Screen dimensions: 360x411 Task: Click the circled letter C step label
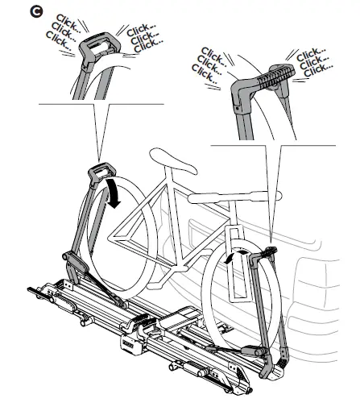[x=36, y=12]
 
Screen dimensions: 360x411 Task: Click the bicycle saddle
[x=173, y=161]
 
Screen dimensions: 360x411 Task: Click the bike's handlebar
[x=234, y=197]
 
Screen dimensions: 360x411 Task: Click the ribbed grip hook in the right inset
[x=276, y=75]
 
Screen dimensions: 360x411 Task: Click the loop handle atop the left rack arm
[x=101, y=172]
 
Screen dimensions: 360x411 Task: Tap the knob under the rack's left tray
[x=86, y=320]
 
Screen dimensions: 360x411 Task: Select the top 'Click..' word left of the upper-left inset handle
[x=68, y=23]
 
